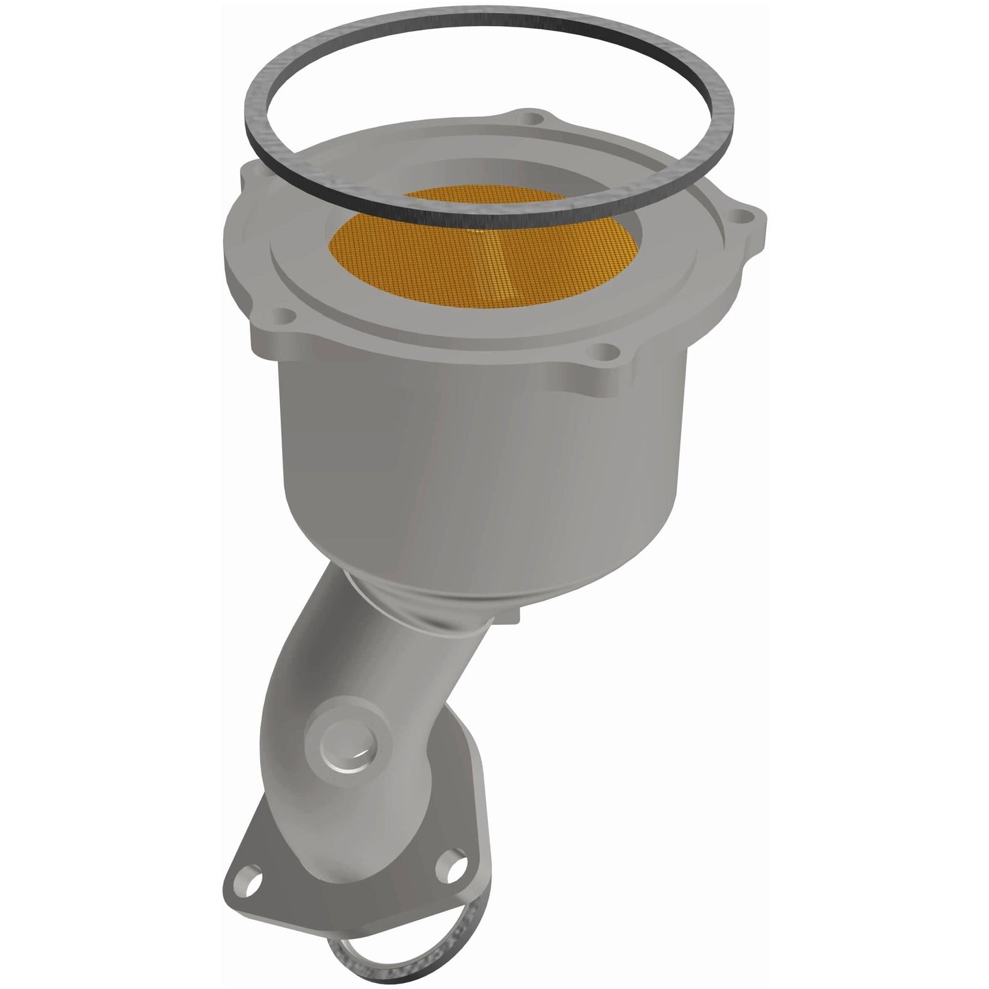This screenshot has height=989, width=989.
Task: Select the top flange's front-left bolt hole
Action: pos(279,318)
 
